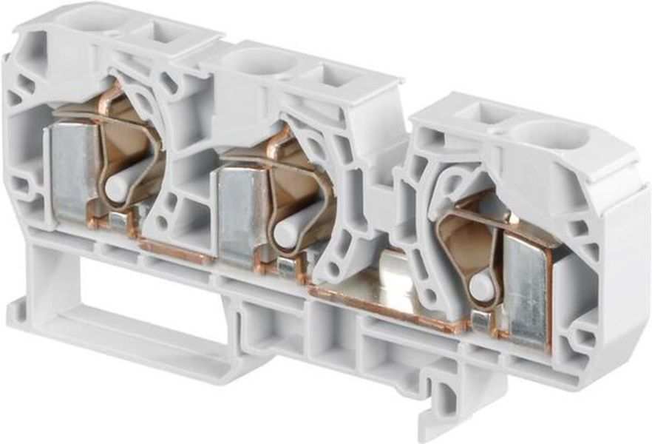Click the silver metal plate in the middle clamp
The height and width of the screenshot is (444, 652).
[241, 215]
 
